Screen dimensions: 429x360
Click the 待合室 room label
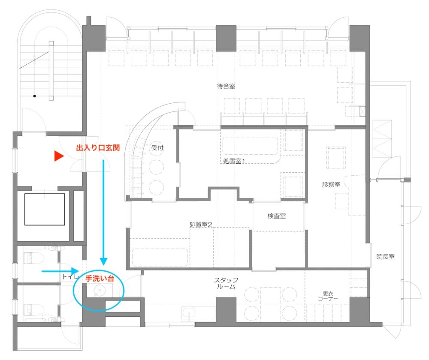[x=226, y=87]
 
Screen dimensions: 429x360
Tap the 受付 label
[x=157, y=148]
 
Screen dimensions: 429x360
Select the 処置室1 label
[x=234, y=161]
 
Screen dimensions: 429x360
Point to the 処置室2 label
[x=201, y=225]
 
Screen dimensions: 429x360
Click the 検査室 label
[x=277, y=216]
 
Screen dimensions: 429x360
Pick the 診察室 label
[x=331, y=185]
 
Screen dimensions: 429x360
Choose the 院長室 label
[x=386, y=257]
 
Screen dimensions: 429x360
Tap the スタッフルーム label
[x=226, y=283]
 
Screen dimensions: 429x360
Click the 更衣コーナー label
[x=328, y=296]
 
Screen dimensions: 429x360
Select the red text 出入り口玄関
[x=98, y=148]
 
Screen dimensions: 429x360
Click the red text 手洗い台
[x=100, y=279]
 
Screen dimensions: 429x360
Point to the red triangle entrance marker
[x=59, y=156]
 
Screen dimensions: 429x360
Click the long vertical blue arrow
[x=103, y=213]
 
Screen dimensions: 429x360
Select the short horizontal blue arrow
[x=60, y=271]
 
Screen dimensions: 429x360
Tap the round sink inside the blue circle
[x=99, y=291]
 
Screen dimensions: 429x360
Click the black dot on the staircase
[x=34, y=96]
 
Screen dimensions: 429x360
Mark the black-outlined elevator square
[x=45, y=210]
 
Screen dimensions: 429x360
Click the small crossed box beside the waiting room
[x=362, y=111]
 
